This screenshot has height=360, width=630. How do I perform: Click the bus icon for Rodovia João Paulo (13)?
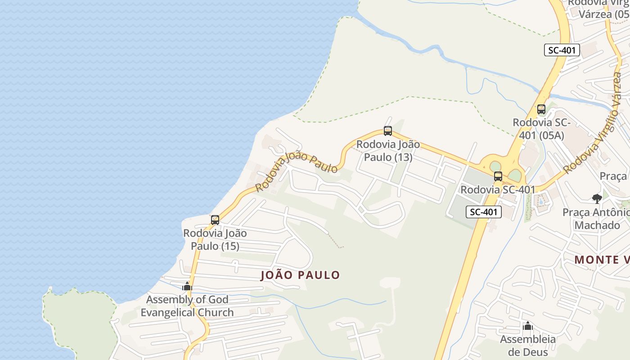pos(388,131)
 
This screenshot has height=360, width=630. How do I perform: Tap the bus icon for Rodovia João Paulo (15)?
pos(215,220)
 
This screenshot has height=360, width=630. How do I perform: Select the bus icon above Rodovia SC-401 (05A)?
pos(541,109)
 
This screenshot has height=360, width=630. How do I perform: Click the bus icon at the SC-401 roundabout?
pos(498,176)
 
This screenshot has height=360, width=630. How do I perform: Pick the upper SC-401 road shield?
pos(562,50)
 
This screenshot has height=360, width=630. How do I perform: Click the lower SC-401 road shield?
pos(483,212)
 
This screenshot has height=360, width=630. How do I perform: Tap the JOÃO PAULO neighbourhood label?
pos(300,275)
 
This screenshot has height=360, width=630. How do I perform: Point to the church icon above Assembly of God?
pos(187,286)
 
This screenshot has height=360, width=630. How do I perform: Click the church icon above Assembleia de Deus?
pos(528,326)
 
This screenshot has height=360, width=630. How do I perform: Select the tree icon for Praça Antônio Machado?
pos(597,198)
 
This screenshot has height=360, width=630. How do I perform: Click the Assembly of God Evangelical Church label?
pos(187,306)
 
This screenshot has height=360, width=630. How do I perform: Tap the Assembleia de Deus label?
pos(528,346)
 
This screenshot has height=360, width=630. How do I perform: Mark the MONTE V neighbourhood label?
pos(602,260)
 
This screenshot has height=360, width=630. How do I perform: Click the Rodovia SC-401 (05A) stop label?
pos(541,129)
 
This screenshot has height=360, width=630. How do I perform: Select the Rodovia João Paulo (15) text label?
pos(215,240)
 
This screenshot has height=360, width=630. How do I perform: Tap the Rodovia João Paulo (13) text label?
pos(388,151)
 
